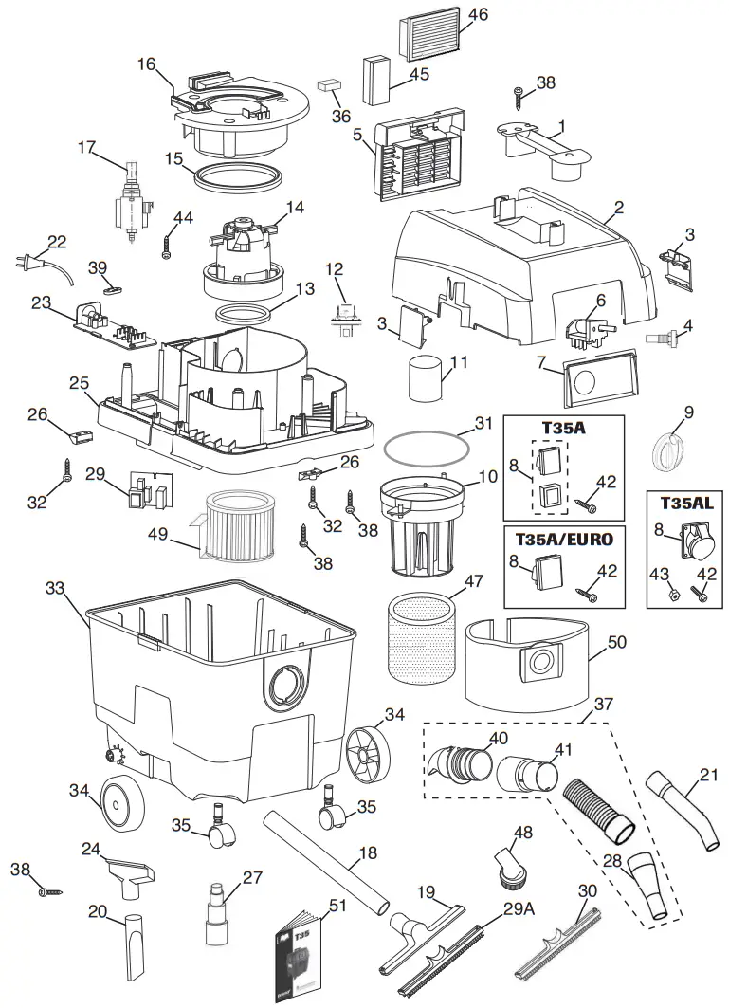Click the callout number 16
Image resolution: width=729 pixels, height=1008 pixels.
point(146,64)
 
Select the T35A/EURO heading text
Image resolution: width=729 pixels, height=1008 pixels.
point(563,539)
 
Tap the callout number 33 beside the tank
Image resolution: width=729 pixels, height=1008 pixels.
point(55,588)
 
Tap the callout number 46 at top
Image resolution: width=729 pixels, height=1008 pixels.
point(478,14)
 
